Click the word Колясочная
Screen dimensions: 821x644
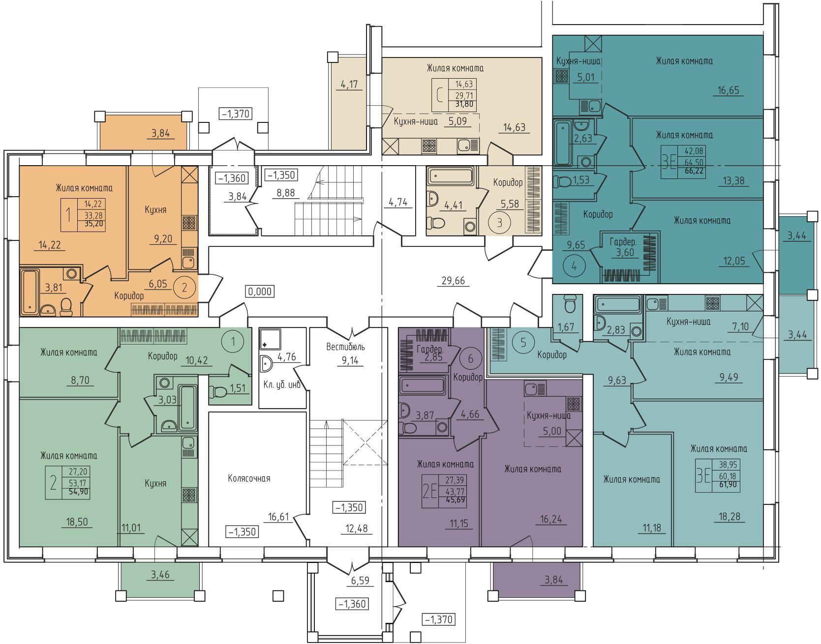[x=249, y=478]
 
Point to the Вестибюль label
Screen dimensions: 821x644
[x=346, y=347]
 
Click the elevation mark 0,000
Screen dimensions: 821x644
[x=260, y=291]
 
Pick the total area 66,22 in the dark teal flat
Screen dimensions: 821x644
[x=692, y=172]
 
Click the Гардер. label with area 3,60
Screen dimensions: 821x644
[x=623, y=242]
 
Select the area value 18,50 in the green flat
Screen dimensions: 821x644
[x=78, y=522]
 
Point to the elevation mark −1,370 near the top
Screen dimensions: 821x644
[x=236, y=115]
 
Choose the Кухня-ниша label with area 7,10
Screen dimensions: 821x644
[x=688, y=322]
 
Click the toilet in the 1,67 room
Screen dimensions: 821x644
[x=571, y=304]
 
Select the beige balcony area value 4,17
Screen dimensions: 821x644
[x=349, y=85]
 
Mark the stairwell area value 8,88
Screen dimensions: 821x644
[x=285, y=193]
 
